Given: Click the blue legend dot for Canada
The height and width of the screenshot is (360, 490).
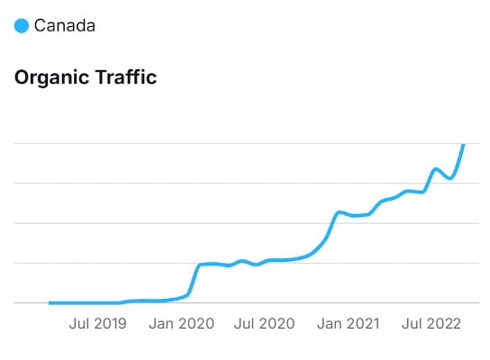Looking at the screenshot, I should click(x=22, y=26).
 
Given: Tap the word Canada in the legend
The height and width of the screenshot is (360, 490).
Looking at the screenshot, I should click(x=65, y=26).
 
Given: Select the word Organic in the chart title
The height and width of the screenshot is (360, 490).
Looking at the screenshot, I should click(x=51, y=78).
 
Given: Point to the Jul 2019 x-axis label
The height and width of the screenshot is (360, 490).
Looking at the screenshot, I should click(x=97, y=323).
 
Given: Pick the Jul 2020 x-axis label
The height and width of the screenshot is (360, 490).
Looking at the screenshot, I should click(x=264, y=323).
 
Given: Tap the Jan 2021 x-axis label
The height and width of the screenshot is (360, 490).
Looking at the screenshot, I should click(x=349, y=323).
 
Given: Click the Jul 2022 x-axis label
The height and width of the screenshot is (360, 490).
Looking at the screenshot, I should click(x=431, y=323).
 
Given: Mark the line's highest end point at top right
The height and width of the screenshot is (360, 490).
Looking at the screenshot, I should click(x=463, y=145).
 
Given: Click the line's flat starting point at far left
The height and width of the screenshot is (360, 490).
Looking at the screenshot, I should click(x=50, y=302).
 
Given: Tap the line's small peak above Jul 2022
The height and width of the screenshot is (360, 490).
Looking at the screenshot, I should click(x=436, y=168).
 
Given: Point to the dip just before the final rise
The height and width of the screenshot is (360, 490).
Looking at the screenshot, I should click(x=449, y=178).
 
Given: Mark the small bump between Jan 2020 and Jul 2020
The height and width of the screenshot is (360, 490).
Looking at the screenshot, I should click(x=241, y=260).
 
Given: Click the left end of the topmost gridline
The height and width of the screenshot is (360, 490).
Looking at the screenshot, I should click(x=16, y=143).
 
